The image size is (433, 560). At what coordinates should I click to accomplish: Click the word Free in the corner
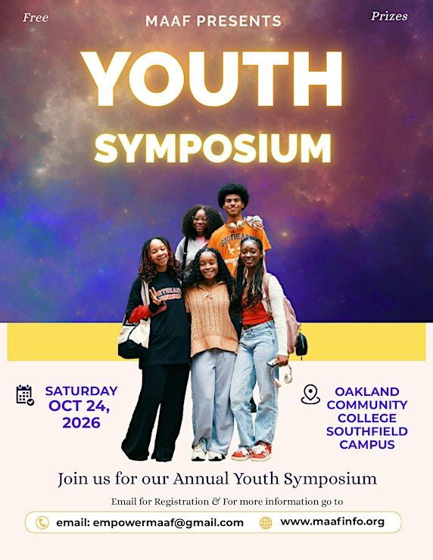coord(36,17)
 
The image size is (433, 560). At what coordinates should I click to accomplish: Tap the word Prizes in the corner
coord(389,16)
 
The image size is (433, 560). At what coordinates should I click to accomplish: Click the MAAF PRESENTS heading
coord(213,21)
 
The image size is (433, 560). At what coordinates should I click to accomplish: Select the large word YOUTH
coord(212,79)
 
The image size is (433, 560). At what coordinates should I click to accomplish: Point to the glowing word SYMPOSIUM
coord(213,148)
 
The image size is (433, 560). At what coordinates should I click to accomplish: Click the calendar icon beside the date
coord(25,394)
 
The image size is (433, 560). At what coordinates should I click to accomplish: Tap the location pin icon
coord(310,394)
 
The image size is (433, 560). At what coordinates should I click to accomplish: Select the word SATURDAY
coord(82,390)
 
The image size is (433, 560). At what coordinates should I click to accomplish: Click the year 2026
coord(81,422)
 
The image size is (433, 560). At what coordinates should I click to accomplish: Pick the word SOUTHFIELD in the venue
coord(367,431)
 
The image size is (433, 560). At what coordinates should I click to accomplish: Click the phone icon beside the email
coord(42,523)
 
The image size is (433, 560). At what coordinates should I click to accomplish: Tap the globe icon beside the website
coord(266,523)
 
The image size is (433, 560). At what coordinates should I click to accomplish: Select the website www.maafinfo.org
coord(332,522)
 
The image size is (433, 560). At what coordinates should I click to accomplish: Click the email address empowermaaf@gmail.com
coord(168,523)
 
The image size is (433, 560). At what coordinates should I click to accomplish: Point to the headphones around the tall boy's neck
coord(237,224)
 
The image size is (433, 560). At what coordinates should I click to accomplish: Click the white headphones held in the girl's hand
coord(282,375)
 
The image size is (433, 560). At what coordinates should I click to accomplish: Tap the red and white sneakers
coord(251,451)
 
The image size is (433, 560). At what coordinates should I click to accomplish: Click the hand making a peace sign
coord(155,297)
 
